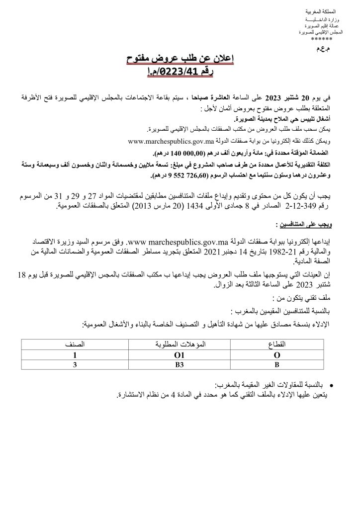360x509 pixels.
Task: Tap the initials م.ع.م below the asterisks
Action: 316,50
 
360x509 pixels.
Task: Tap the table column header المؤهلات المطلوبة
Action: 178,343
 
